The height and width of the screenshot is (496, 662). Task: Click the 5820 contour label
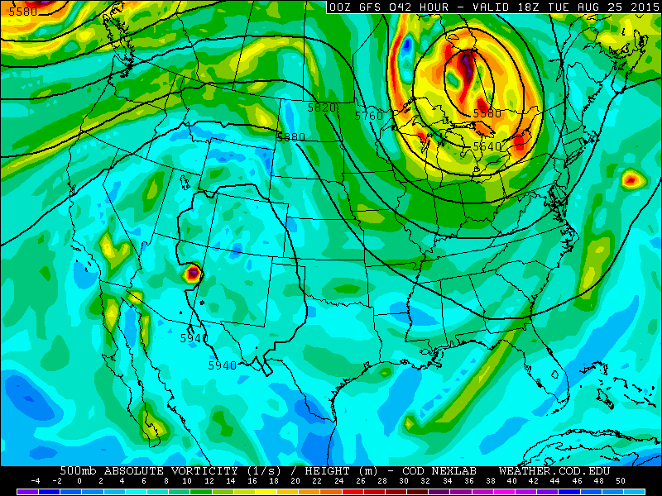pyautogui.click(x=321, y=108)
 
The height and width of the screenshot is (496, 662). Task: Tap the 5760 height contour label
pyautogui.click(x=369, y=117)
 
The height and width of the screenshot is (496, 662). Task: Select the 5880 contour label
pyautogui.click(x=291, y=137)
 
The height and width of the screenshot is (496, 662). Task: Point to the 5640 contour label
pyautogui.click(x=487, y=146)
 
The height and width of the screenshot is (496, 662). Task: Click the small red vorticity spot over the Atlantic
pyautogui.click(x=631, y=178)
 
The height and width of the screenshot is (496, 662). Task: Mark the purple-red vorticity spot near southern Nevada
pyautogui.click(x=193, y=272)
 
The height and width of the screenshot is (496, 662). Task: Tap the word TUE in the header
pyautogui.click(x=565, y=7)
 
